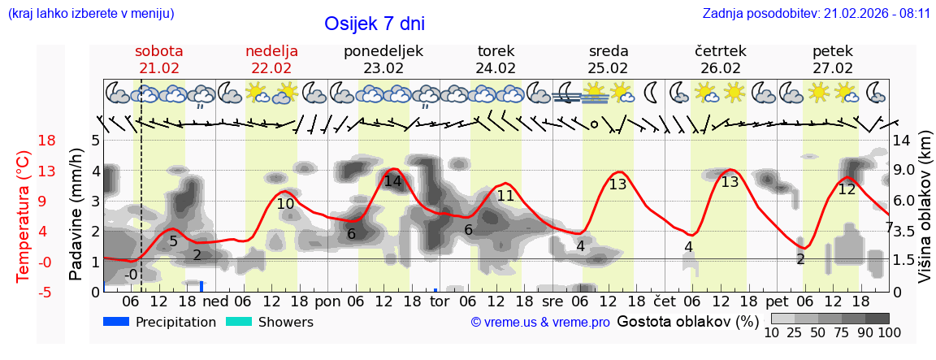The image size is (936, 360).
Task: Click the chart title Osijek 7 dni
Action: point(374,24)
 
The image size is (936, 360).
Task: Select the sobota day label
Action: point(159,51)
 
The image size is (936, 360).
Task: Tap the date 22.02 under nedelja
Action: point(271,68)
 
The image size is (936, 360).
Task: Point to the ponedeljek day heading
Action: point(383,51)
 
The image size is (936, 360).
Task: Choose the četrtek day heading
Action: point(721,51)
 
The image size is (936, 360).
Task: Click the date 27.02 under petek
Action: point(833,68)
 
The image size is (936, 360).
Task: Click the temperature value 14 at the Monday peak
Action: point(392,181)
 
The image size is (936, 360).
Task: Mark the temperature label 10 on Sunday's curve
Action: point(285,204)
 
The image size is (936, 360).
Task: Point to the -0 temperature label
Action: point(131,275)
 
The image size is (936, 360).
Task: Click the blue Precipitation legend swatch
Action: point(117,322)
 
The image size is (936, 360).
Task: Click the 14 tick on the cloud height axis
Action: point(902,139)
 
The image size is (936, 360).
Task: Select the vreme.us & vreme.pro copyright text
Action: point(540,323)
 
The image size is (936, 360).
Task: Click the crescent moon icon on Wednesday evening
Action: point(652,90)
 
